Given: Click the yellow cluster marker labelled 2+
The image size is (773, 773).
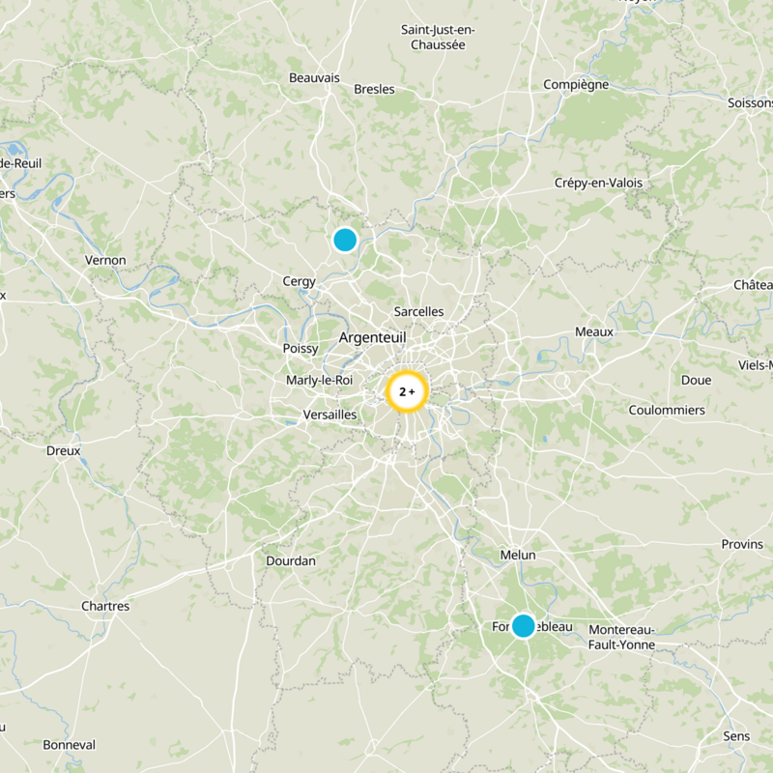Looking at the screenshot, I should coord(407,392).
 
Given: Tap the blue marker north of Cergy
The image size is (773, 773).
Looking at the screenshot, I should coord(345,240).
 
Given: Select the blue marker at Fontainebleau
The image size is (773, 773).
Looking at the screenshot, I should coord(523,625).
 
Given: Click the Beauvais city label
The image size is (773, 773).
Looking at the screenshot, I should coord(314,78).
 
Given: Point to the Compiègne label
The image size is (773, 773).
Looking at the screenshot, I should coord(576,84).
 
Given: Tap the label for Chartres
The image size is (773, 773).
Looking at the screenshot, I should coord(105,606).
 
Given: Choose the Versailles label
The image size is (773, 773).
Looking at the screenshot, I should coord(329,415).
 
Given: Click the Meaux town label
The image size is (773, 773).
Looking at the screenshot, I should coord(594,331).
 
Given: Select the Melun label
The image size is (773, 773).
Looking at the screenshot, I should coord(518,555).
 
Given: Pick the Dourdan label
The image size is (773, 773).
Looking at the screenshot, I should coord(291,560).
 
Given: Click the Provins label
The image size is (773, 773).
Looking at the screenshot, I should coord(742,544).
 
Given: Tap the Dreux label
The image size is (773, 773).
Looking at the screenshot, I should coord(64,450).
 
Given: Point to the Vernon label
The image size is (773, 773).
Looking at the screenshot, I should coord(105,260).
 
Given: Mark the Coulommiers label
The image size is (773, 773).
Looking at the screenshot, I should coord(667,410).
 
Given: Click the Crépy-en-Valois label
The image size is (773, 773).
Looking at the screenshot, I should coord(598,183).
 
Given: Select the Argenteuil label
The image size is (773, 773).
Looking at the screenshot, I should coord(372,337).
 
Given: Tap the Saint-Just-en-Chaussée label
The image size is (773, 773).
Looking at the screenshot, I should coord(439,37).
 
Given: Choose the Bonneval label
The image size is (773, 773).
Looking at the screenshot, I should coord(70,745).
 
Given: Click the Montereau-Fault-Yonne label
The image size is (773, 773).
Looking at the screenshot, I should coord(621,637).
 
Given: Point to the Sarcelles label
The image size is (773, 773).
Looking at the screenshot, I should coord(419,311).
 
